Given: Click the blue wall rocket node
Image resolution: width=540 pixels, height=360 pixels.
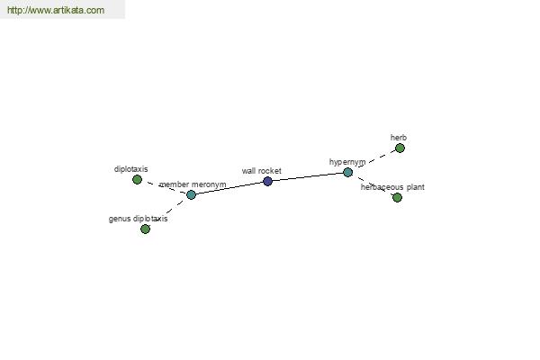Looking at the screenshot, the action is (267, 181).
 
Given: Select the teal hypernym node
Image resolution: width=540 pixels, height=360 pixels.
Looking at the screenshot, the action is (347, 172).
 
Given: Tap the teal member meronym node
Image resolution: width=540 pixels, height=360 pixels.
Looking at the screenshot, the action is (191, 194).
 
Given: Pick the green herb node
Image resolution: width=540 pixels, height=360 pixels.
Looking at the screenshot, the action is (400, 148).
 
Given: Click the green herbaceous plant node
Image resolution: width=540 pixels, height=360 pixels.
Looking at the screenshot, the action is (397, 197).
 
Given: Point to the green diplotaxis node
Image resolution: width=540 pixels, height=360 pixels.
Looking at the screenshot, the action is (137, 179).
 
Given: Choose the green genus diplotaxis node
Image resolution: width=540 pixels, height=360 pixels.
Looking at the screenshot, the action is (145, 229).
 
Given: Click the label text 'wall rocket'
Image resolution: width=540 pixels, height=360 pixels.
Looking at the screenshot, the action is (261, 171).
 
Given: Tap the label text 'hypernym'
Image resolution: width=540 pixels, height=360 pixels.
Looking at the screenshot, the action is (347, 162).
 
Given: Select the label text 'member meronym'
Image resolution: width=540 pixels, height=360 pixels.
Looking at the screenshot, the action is (193, 184).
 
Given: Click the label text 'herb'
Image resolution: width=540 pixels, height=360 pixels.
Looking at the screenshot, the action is (399, 138).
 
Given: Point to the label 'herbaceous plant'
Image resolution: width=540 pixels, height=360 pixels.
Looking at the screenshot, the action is (392, 187).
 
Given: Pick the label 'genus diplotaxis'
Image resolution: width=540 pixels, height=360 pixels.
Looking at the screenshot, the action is (138, 219).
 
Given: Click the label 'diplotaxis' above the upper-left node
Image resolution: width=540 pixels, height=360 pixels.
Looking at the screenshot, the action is (130, 169).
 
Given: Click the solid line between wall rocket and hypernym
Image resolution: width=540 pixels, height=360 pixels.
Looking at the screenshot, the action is (308, 176).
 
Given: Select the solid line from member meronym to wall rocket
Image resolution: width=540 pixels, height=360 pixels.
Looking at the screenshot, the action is (229, 188).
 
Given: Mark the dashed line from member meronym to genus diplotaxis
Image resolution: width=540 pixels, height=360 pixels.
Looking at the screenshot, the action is (168, 211).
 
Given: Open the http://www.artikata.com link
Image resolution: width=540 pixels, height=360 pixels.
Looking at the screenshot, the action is (56, 10).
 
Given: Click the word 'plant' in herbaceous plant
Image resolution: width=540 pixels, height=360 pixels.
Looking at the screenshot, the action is (415, 187).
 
